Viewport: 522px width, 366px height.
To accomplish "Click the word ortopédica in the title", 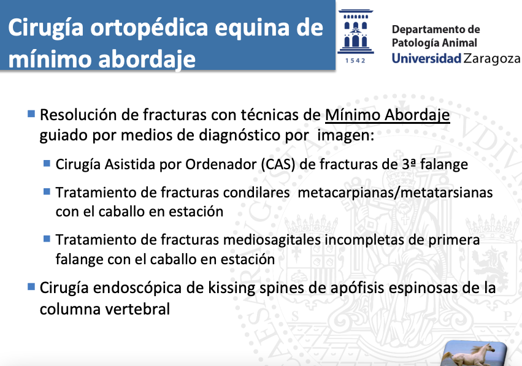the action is coord(150,29).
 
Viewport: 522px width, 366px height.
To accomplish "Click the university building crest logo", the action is coord(356,32).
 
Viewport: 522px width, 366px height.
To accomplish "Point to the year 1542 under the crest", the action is coord(355,61).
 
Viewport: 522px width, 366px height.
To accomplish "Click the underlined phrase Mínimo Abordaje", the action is coord(388,115).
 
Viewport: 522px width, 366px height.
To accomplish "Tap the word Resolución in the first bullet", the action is coord(79,115).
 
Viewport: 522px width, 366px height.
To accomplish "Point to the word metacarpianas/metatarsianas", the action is coord(395,193).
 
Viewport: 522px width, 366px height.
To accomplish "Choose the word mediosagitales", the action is coord(272,240).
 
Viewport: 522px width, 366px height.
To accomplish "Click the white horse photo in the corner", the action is coord(474,353).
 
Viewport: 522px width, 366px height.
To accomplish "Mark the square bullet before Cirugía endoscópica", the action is coord(31,287).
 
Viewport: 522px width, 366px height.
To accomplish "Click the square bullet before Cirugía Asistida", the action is coord(47,163).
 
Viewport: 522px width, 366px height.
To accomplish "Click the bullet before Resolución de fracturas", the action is coord(31,114).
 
